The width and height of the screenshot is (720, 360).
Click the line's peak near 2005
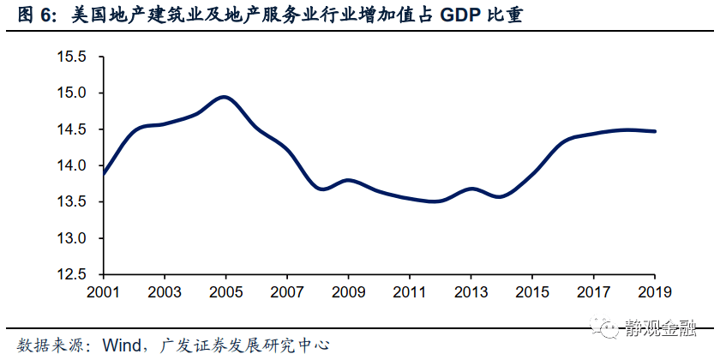(x=225, y=97)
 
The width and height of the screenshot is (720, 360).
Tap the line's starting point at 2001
(x=103, y=174)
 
